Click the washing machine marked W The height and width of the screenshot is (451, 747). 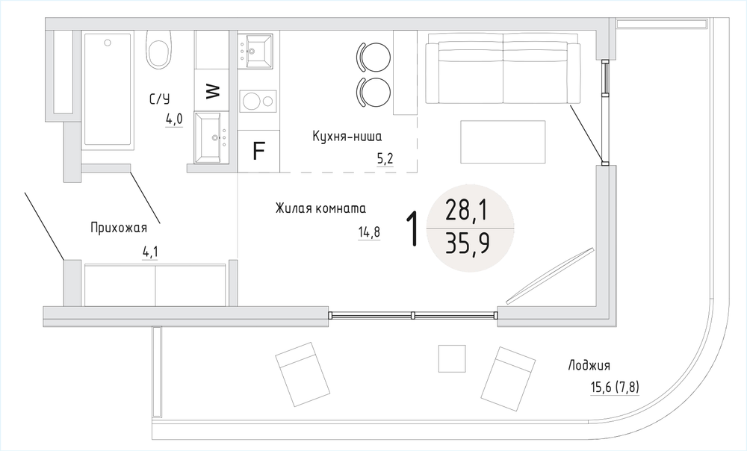(x=214, y=90)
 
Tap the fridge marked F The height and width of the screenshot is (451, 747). (x=258, y=151)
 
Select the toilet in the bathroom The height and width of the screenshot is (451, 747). (x=158, y=49)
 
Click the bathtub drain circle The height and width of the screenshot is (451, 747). (x=108, y=43)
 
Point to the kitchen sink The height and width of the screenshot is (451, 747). (x=255, y=51)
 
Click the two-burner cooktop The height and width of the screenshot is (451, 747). (x=258, y=101)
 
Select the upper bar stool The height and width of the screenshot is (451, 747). (x=373, y=57)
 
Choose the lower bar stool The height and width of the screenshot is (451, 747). (x=373, y=93)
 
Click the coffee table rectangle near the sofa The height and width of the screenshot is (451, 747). (x=503, y=142)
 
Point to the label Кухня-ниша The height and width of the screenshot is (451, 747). (x=347, y=137)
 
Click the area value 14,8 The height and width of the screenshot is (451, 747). (x=369, y=232)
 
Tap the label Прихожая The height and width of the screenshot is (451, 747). (x=119, y=228)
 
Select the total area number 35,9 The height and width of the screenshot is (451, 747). (x=468, y=245)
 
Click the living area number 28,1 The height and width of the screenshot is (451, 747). (x=466, y=210)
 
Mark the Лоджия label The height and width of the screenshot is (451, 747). (x=589, y=366)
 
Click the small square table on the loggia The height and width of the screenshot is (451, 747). (x=452, y=358)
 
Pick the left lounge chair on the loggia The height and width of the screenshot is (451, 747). (x=303, y=374)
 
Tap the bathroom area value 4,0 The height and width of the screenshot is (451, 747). (x=174, y=119)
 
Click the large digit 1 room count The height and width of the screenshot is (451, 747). (x=413, y=229)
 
